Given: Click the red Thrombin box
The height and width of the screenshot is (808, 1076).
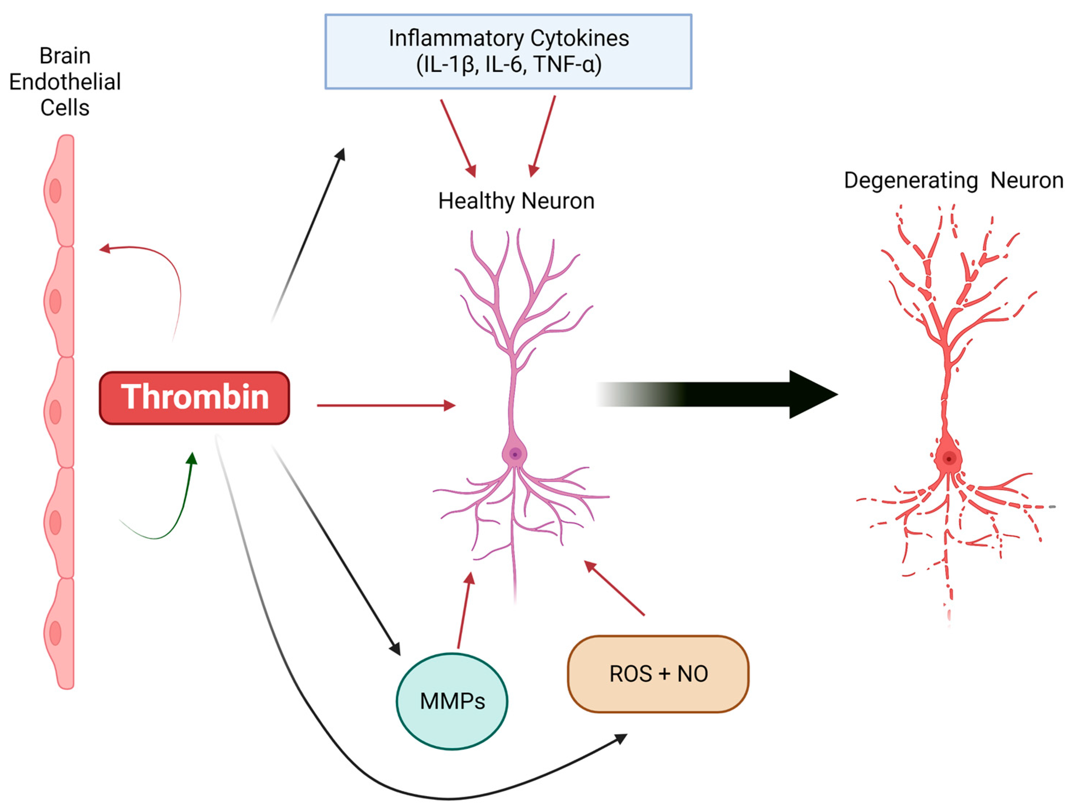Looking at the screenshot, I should click(x=195, y=398).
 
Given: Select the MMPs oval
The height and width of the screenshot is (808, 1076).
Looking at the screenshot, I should click(x=452, y=701).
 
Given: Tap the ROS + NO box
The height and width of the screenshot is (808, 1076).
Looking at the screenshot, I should click(x=658, y=674).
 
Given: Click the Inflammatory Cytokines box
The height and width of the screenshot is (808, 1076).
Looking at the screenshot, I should click(x=508, y=52).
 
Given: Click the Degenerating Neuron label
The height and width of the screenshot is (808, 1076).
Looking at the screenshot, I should click(x=953, y=180).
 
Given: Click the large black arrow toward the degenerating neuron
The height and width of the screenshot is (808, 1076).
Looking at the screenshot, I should click(x=730, y=394).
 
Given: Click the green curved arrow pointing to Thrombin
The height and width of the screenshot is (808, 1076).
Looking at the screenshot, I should click(x=175, y=516).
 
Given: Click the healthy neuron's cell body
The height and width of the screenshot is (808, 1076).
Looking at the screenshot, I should click(x=515, y=454).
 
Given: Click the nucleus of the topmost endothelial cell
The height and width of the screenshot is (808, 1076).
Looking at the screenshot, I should click(x=56, y=191).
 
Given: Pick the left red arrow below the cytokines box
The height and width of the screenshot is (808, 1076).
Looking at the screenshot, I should click(x=458, y=139).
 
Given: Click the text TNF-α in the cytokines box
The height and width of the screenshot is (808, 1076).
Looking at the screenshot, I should click(x=567, y=64).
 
